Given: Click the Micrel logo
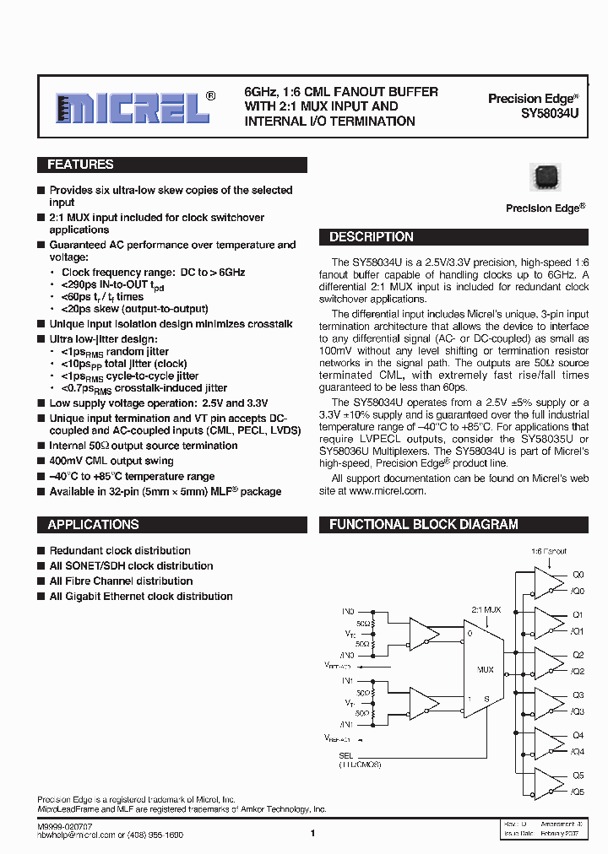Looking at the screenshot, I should point(133,107).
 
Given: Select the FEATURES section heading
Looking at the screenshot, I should point(81,165).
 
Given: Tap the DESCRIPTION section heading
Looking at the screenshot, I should point(372,237).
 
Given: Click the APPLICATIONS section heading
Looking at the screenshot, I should point(93,525).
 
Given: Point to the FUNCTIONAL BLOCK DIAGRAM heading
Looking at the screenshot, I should point(424,525).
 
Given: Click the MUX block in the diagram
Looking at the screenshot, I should point(485,669).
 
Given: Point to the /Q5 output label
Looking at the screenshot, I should point(578,792).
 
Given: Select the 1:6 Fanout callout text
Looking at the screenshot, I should point(549,551).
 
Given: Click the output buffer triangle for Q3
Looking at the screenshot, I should point(553,703).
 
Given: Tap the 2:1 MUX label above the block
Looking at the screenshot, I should point(486,609).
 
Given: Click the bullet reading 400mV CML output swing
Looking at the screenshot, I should point(111,462).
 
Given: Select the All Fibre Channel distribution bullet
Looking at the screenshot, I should point(121,581).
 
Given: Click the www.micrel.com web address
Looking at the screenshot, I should point(387,491).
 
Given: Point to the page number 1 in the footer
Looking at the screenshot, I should point(312,834).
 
